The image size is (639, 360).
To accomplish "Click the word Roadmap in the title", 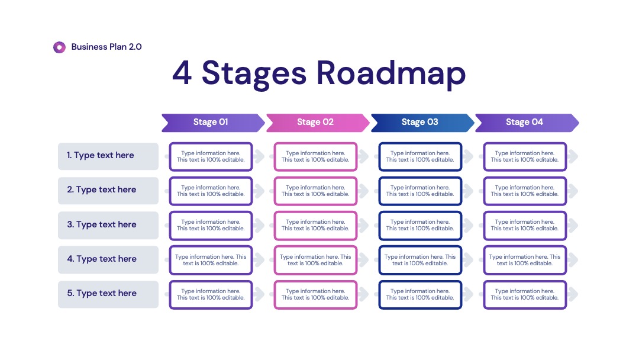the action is click(391, 73).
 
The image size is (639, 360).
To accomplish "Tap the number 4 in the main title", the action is click(182, 73).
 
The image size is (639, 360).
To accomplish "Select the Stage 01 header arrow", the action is click(213, 123).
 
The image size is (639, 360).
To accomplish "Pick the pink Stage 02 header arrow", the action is click(318, 123).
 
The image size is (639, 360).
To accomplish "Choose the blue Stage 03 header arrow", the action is click(422, 123).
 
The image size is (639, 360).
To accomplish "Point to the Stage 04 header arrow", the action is click(527, 123).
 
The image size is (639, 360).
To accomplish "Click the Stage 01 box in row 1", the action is click(211, 156).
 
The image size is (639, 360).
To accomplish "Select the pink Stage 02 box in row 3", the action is click(315, 226).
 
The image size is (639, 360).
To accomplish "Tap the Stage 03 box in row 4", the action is click(420, 260).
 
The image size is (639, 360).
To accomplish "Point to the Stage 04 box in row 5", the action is click(525, 294).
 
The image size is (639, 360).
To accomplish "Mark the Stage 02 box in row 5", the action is click(315, 294).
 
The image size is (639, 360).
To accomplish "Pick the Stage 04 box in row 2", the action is click(525, 191).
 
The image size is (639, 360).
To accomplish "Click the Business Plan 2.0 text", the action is click(106, 47).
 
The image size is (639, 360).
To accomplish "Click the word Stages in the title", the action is click(253, 73).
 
